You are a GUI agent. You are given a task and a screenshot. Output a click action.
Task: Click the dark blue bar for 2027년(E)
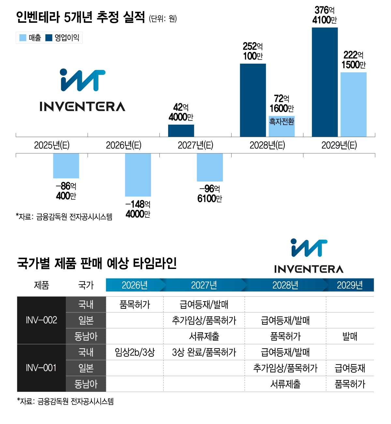[x=181, y=131]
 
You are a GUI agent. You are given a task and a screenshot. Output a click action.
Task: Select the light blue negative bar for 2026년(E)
[x=138, y=175]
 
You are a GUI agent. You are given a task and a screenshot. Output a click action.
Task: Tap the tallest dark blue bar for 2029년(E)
[x=325, y=82]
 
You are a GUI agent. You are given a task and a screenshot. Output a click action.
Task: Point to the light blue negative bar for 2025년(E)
[x=66, y=165]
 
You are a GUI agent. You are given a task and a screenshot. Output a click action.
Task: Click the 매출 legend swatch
[x=23, y=38]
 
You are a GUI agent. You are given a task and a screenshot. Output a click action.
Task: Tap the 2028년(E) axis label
[x=267, y=145]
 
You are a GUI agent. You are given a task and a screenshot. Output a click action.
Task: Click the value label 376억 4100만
[x=324, y=15]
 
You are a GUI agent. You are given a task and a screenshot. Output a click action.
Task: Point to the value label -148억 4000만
[x=138, y=209]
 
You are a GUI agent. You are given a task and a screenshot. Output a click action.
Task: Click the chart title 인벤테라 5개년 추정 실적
[x=80, y=17]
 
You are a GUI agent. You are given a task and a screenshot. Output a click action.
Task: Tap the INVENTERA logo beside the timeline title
[x=309, y=256]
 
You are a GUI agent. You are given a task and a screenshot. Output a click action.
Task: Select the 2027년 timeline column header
[x=204, y=285]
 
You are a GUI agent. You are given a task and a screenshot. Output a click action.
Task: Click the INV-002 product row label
[x=41, y=320]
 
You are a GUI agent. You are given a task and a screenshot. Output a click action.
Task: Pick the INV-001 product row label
[x=41, y=368]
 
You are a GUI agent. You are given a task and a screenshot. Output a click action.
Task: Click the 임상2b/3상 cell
[x=135, y=352]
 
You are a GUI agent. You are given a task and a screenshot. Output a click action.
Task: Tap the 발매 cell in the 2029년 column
[x=350, y=336]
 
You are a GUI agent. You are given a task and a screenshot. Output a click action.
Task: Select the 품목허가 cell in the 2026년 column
[x=135, y=305]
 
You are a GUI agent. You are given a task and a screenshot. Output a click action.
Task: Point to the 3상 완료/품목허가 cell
[x=204, y=352]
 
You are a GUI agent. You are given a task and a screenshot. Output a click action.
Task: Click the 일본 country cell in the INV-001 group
[x=86, y=368]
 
